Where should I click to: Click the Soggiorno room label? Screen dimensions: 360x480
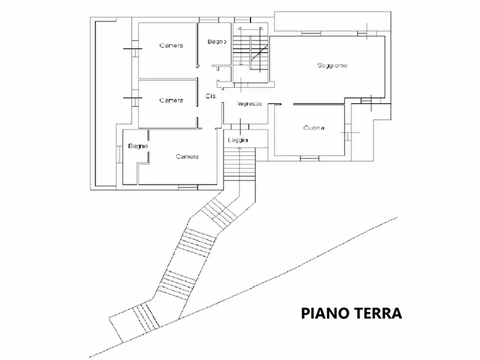(x=332, y=66)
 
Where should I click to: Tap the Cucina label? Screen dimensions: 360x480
(x=313, y=128)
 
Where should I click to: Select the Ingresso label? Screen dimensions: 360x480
(x=249, y=104)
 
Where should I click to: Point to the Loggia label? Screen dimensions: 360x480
(x=238, y=140)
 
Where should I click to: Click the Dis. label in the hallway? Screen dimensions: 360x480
(x=211, y=96)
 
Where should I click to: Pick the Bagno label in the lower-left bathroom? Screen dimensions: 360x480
(x=138, y=146)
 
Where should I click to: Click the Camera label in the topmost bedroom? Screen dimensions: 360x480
(x=171, y=46)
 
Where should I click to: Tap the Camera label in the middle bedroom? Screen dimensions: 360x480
(x=171, y=100)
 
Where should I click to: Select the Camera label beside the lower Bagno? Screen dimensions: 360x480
(x=187, y=156)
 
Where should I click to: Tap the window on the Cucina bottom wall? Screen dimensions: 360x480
(x=310, y=158)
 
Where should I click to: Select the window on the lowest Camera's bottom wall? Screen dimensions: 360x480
(x=188, y=187)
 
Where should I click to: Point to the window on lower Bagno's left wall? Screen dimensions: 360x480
(x=119, y=154)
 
